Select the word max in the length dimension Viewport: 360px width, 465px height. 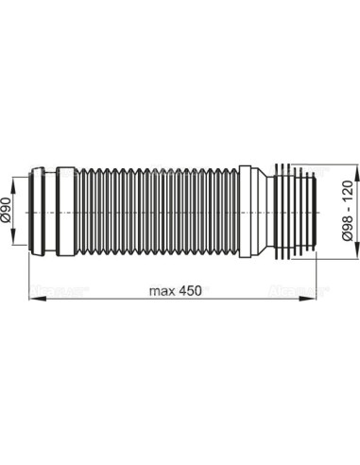coord(163,288)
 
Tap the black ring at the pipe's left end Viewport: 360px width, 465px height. coord(37,213)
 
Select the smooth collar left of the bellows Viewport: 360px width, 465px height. coord(65,213)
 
